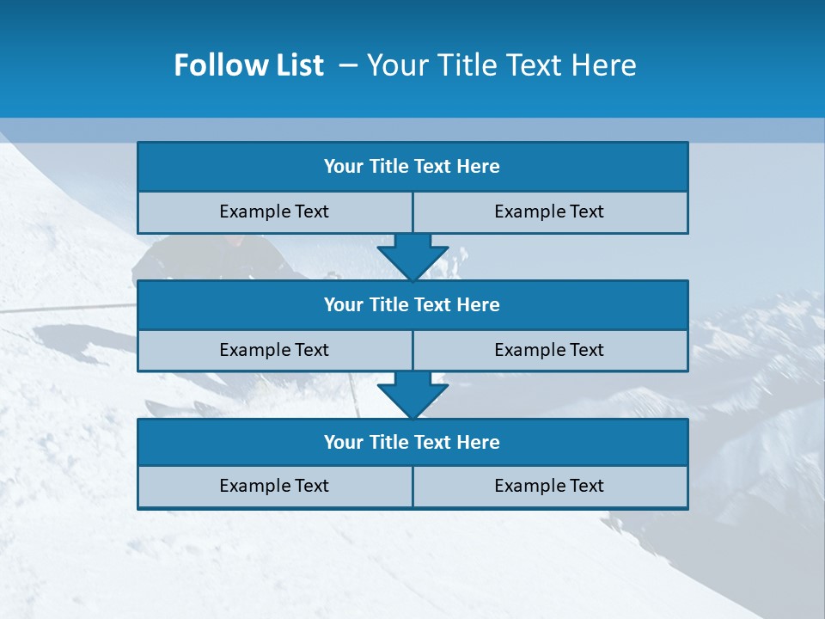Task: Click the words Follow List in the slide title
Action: (248, 65)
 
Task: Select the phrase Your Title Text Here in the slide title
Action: (501, 65)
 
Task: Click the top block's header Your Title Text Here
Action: (412, 167)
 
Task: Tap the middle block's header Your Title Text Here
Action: (412, 304)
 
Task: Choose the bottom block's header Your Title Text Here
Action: (412, 442)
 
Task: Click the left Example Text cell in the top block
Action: (274, 211)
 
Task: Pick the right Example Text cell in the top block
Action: (549, 211)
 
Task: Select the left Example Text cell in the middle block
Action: (274, 350)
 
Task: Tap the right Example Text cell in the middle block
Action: (549, 350)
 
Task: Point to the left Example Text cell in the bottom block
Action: (274, 486)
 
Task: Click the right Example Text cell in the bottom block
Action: (549, 486)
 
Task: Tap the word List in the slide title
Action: (295, 65)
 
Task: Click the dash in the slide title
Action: (348, 65)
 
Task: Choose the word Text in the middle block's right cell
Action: (586, 350)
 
